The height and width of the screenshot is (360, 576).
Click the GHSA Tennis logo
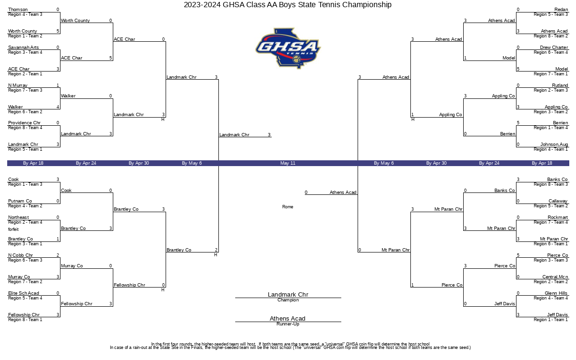pos(288,48)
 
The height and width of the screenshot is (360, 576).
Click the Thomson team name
pos(18,10)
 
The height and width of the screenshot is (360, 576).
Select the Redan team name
pos(561,10)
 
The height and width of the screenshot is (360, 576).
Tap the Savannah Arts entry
pos(24,48)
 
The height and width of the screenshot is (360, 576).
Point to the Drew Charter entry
pos(554,48)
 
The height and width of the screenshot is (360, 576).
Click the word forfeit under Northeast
pos(13,229)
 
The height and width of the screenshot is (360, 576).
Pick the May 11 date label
pos(288,163)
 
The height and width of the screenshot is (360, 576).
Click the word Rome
pos(288,207)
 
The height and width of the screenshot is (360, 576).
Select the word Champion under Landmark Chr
pos(288,300)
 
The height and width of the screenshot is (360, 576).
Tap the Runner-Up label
pos(288,324)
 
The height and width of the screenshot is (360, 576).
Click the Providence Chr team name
pos(24,123)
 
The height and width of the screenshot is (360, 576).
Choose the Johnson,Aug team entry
pos(554,144)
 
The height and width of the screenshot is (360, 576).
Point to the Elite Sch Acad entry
pos(24,293)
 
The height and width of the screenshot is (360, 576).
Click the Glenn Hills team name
pos(556,293)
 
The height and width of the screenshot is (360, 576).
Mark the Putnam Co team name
pos(20,201)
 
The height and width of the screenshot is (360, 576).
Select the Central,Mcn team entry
pos(555,277)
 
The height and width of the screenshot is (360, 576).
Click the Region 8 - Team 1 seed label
pos(25,320)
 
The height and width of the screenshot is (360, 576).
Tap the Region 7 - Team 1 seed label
pos(551,74)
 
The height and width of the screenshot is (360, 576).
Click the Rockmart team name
pos(557,217)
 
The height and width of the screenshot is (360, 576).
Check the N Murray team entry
pos(17,85)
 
